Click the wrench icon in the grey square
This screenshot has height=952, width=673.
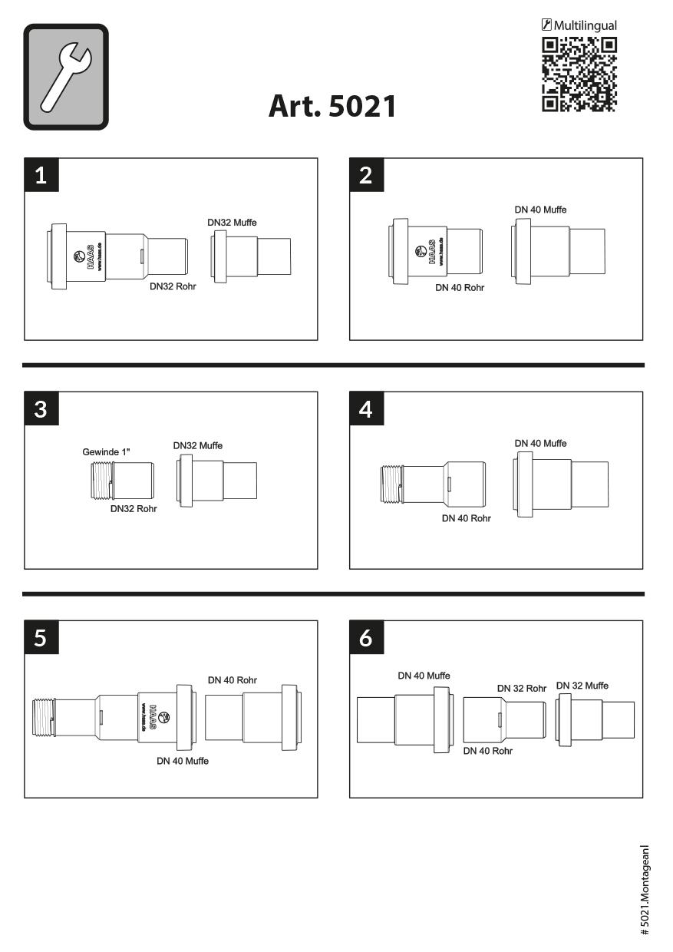tap(66, 77)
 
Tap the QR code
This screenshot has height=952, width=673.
tap(579, 74)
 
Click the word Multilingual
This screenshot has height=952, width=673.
tap(585, 25)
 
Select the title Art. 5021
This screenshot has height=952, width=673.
tap(332, 106)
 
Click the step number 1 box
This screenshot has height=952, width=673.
tap(41, 175)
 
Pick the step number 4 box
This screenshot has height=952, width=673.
tap(366, 408)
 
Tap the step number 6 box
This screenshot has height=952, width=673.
tap(366, 637)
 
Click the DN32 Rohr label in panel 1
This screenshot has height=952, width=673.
tap(173, 286)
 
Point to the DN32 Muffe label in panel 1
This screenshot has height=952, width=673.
tap(232, 223)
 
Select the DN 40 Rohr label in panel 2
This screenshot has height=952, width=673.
tap(460, 288)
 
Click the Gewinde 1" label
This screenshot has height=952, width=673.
tap(106, 451)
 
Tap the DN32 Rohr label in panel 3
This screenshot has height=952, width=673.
tap(134, 509)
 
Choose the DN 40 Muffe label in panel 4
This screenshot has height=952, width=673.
tap(540, 443)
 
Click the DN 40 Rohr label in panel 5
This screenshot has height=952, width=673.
tap(233, 680)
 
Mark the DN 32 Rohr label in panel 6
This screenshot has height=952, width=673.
tap(522, 688)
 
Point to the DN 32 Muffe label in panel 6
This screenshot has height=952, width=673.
tap(582, 686)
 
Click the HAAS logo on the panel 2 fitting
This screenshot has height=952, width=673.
tap(428, 252)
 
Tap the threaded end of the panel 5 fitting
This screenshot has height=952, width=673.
tap(43, 716)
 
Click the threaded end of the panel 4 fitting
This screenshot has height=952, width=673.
tap(391, 484)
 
